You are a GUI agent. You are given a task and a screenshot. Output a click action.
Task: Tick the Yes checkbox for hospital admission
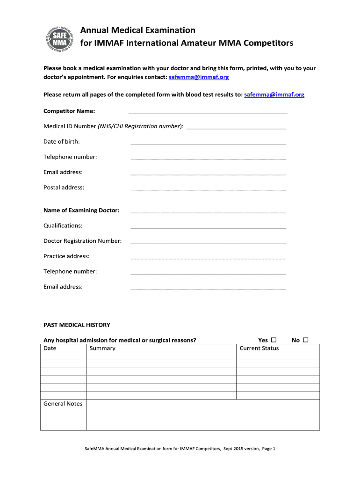(274, 340)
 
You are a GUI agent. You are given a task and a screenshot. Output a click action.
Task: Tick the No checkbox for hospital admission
(306, 340)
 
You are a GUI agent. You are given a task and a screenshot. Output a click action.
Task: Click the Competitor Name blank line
(208, 113)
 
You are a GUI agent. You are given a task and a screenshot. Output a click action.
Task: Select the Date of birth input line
(208, 144)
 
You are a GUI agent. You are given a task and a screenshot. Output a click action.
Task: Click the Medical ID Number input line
(236, 128)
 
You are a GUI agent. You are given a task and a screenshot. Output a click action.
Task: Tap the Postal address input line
(208, 189)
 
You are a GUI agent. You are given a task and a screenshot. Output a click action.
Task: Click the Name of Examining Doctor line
(208, 212)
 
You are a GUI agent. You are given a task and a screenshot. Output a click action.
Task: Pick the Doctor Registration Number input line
(208, 243)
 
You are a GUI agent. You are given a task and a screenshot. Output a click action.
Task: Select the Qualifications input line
(208, 228)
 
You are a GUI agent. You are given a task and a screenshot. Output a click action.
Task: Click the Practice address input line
(208, 258)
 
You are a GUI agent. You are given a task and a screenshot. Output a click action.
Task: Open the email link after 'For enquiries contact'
(199, 77)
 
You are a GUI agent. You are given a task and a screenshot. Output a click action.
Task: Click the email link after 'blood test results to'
(274, 94)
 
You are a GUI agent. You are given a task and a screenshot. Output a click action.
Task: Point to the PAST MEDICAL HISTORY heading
(77, 325)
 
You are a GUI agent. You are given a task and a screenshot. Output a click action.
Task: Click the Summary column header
(102, 348)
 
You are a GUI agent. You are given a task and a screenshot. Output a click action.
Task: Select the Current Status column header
(259, 348)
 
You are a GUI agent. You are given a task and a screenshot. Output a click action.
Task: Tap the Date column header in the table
(50, 348)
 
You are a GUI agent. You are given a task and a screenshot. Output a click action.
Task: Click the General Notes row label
(63, 404)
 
